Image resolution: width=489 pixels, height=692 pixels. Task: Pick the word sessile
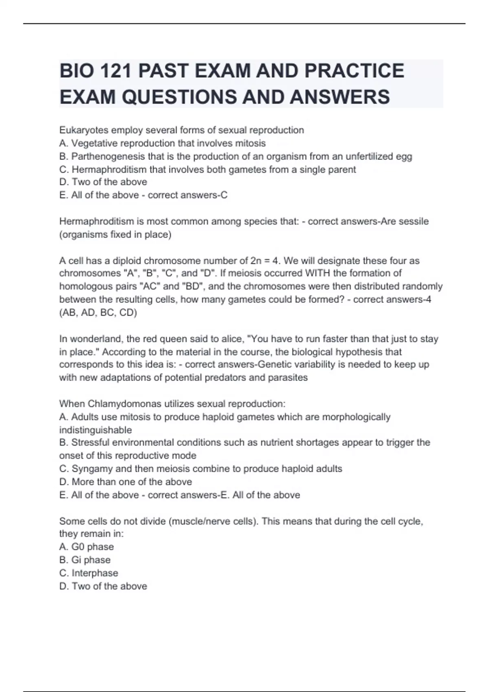point(412,221)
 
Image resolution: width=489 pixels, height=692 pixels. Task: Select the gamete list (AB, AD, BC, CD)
point(98,313)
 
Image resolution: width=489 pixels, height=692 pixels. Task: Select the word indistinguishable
point(95,430)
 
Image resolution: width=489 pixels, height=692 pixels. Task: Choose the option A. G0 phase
point(86,547)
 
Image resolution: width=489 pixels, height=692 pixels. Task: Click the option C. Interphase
point(88,573)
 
